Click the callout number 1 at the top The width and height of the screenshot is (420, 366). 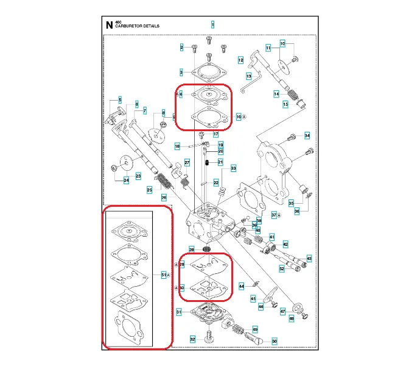click(x=212, y=24)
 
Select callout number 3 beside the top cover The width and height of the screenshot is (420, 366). click(x=181, y=72)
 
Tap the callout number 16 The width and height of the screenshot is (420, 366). click(x=239, y=116)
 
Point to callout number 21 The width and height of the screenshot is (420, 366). click(x=221, y=162)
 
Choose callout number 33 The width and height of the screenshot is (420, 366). click(x=233, y=168)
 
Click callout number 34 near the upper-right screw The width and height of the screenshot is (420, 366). click(x=307, y=135)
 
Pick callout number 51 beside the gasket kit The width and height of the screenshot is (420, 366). click(x=163, y=275)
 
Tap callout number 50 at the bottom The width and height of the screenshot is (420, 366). click(x=274, y=340)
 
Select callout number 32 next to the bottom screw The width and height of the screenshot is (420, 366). click(x=192, y=340)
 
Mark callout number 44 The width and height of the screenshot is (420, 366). click(x=241, y=285)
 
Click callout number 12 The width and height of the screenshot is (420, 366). click(x=240, y=60)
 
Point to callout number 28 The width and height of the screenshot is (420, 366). click(x=191, y=249)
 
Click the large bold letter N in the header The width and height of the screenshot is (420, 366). click(x=109, y=25)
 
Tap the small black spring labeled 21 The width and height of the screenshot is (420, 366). click(x=208, y=162)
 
